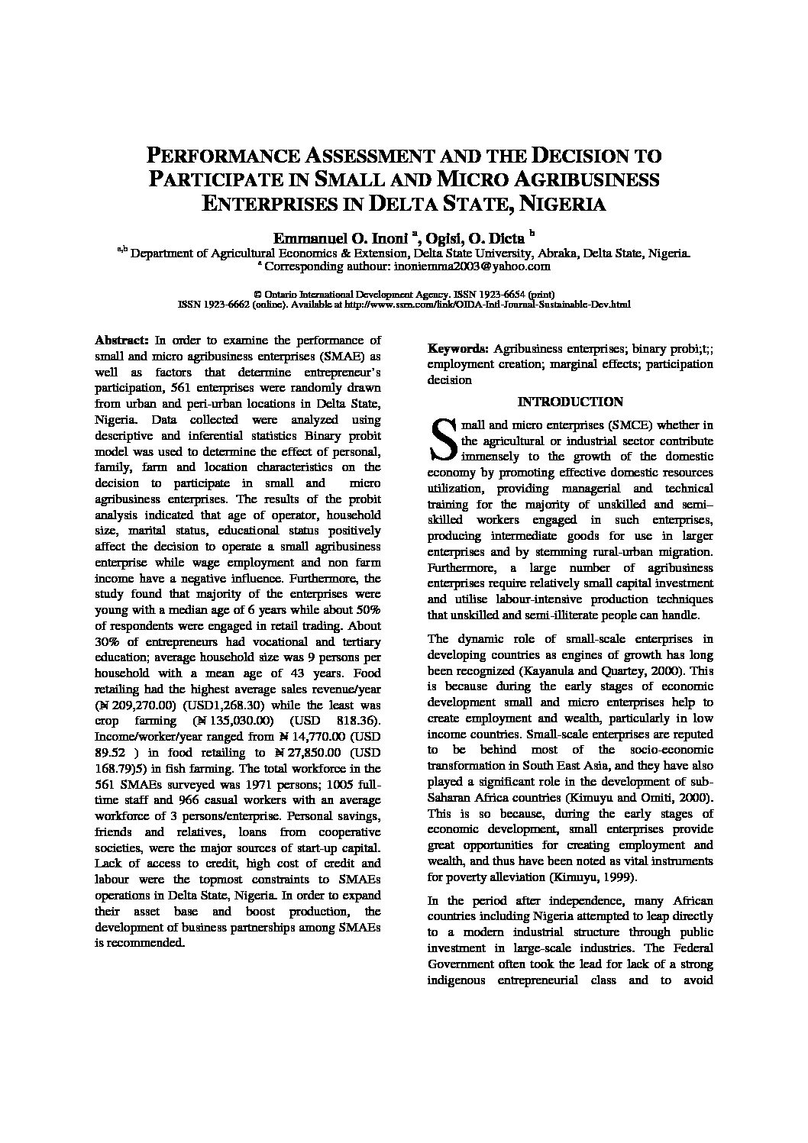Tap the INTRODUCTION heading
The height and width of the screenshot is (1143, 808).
tap(570, 402)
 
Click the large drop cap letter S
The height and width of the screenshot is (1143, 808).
tap(442, 441)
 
